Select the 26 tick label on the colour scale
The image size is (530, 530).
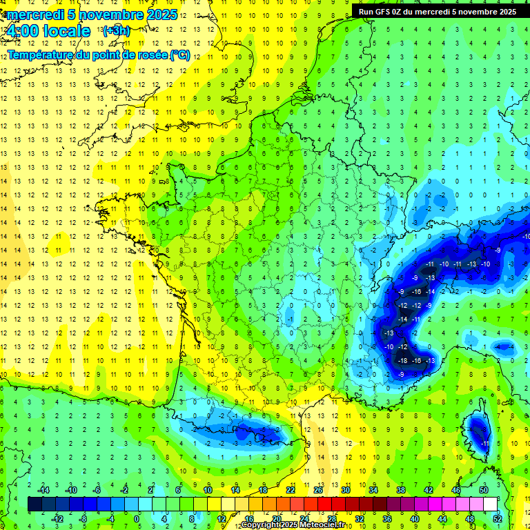pyautogui.click(x=317, y=490)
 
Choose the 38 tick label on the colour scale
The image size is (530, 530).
pyautogui.click(x=400, y=490)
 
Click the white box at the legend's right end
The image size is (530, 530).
pyautogui.click(x=491, y=504)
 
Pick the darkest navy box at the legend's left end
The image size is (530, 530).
pyautogui.click(x=35, y=504)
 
